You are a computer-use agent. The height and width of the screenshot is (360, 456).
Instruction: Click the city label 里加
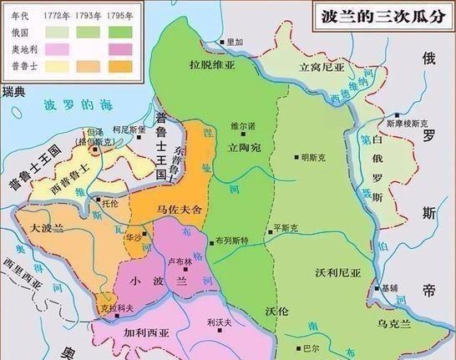pyautogui.click(x=233, y=41)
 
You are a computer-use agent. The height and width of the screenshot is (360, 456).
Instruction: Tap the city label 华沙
pyautogui.click(x=132, y=237)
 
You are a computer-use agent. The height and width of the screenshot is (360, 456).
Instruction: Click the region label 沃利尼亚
pyautogui.click(x=337, y=274)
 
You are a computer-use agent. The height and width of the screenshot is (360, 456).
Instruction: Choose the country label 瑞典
pyautogui.click(x=15, y=90)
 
